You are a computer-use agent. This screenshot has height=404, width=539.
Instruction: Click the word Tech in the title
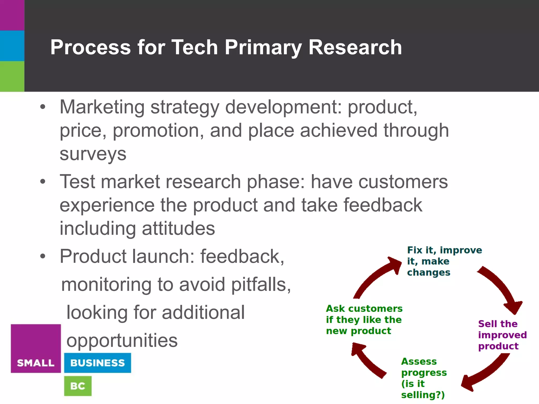point(194,47)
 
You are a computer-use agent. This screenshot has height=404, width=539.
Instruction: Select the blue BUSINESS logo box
point(97,363)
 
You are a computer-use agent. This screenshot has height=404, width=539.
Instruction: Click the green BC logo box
point(78,386)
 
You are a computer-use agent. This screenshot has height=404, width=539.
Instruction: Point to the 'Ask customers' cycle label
point(364,320)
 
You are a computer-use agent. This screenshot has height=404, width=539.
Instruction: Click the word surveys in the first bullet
point(93,154)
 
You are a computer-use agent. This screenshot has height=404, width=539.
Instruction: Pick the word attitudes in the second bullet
point(178,228)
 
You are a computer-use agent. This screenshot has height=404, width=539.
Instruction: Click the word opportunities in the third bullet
point(122,341)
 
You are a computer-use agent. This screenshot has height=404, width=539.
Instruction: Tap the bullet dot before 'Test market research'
point(43,181)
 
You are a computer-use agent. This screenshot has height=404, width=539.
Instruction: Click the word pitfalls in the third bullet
point(261,285)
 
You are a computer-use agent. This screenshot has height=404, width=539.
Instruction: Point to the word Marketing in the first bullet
point(102,107)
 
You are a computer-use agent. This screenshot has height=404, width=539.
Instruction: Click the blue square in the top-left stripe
point(12,46)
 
